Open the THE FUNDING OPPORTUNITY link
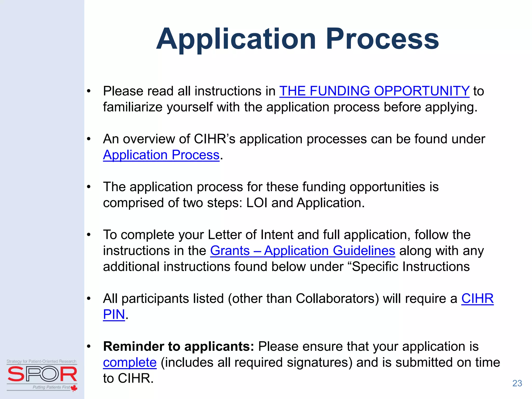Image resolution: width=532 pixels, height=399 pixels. tap(374, 91)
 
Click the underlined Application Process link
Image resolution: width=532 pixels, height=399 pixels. tap(161, 155)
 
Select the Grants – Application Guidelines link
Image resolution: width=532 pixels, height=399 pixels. tap(302, 251)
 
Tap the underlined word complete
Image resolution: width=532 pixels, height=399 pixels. tap(130, 363)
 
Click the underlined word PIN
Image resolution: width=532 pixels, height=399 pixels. tap(114, 315)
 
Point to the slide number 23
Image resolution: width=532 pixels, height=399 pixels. tap(517, 383)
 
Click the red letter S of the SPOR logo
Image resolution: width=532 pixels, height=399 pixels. tap(16, 374)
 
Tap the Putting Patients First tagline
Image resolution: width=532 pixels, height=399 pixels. tap(51, 387)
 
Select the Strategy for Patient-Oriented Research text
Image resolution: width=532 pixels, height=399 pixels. tap(42, 361)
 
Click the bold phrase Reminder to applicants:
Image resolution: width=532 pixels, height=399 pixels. tap(178, 347)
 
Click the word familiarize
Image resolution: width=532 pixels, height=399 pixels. tap(132, 107)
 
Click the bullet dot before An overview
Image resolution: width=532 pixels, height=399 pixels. tap(89, 139)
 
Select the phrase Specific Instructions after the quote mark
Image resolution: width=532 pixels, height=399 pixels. tap(410, 267)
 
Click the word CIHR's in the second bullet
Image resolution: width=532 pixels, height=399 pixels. tap(215, 139)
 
